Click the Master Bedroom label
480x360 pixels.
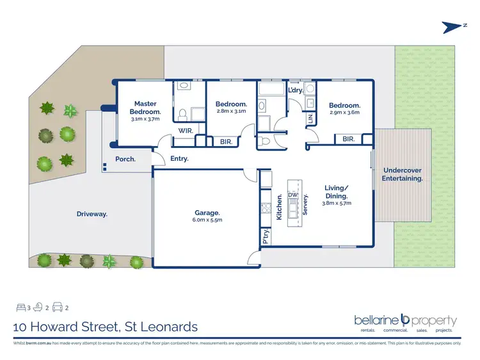(x=146, y=107)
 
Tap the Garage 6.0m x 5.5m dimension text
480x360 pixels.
(x=207, y=221)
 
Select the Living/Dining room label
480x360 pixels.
(x=337, y=192)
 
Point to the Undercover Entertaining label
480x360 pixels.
(x=403, y=174)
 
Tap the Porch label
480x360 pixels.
(x=125, y=159)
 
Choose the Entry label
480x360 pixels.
(x=179, y=159)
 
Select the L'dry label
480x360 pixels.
(x=295, y=90)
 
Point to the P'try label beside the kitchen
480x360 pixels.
(x=264, y=238)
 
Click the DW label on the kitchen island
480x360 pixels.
(x=293, y=195)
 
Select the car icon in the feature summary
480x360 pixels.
(x=57, y=307)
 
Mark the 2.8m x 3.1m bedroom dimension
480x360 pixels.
(x=230, y=111)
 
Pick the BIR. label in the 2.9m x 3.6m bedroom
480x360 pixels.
(x=348, y=138)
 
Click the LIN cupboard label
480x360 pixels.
(x=310, y=118)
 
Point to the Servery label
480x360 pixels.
(x=306, y=204)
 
